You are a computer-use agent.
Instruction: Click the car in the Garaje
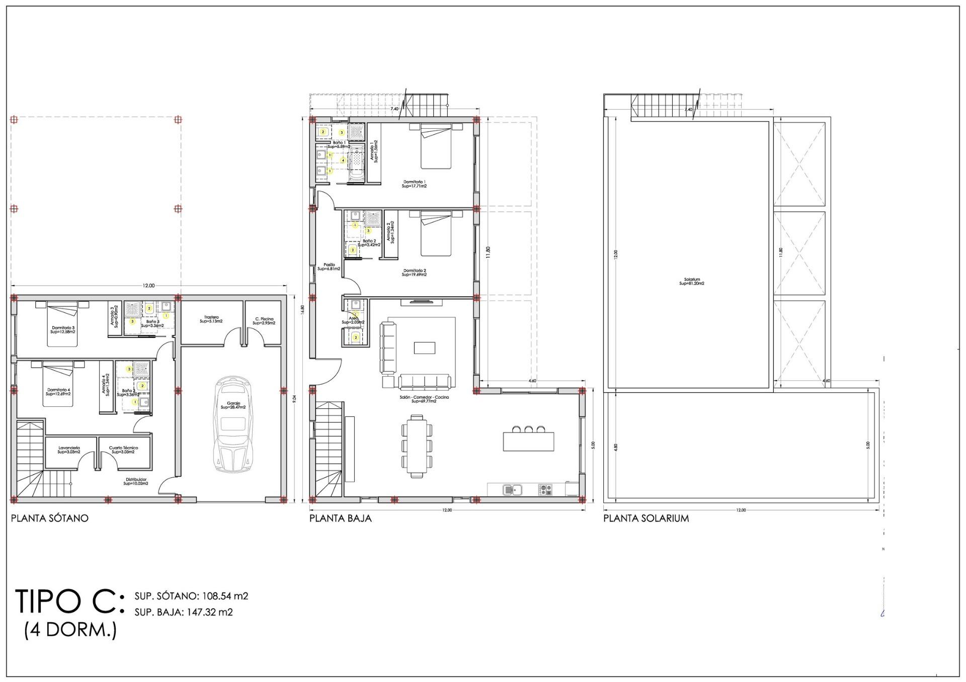coord(233,424)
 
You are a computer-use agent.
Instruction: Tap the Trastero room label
coord(211,319)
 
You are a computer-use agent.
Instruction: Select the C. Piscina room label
coord(264,321)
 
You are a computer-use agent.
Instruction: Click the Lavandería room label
coord(69,450)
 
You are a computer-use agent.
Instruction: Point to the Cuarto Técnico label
coord(123,450)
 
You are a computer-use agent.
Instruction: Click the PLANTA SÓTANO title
coord(50,518)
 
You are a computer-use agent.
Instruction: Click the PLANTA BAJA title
coord(340,518)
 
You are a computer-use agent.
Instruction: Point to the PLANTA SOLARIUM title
coord(646,518)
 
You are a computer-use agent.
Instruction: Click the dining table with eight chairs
coord(417,446)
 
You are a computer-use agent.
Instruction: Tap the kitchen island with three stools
coord(528,441)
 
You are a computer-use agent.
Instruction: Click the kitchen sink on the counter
coord(512,488)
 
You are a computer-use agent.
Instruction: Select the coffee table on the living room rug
coord(424,348)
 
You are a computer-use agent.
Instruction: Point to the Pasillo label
coord(329,267)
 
